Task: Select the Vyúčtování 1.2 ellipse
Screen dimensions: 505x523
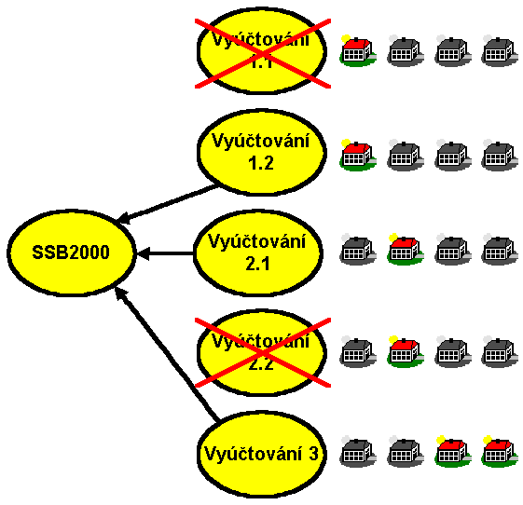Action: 260,152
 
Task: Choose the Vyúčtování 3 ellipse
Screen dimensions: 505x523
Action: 260,454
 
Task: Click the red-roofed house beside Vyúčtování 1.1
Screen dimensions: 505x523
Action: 356,52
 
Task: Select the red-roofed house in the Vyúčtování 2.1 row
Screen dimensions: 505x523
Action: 403,249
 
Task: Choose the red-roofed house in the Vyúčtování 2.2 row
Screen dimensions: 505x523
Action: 403,351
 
